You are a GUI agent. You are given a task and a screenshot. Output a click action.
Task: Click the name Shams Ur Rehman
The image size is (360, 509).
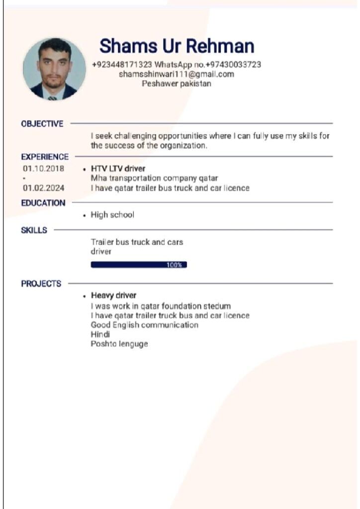coord(177,46)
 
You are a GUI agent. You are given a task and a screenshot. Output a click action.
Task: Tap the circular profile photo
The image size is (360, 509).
coord(54,69)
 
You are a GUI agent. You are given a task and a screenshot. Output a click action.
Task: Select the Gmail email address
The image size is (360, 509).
coord(177,74)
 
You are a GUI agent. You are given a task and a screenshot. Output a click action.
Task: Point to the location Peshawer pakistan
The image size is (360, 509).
coord(177,84)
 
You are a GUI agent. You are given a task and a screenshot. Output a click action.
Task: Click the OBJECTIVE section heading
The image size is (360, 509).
coord(42,124)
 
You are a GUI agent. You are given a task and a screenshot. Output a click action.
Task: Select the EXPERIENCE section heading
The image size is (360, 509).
coord(45,157)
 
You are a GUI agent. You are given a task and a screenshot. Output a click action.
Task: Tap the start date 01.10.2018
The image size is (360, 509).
coord(43,169)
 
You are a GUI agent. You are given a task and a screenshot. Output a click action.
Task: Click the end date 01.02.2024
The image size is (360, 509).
coord(43,188)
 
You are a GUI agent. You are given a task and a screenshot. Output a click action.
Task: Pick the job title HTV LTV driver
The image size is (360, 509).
coord(118,169)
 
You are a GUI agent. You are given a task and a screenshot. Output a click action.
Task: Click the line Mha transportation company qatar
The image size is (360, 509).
coord(154,178)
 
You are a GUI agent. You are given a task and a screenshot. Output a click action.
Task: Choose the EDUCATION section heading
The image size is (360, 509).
coord(43,203)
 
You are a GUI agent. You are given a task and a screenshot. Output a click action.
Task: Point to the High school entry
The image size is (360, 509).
coord(112,215)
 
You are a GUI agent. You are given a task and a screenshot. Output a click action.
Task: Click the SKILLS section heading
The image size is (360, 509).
coord(34,230)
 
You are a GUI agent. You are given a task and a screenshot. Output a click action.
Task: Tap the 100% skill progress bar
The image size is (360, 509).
coord(139,265)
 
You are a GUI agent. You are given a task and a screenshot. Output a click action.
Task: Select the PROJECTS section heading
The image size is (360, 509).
coord(41,284)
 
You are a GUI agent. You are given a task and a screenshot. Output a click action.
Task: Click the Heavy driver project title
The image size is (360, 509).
coord(113,295)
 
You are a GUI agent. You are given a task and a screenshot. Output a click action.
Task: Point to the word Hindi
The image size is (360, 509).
coord(100,335)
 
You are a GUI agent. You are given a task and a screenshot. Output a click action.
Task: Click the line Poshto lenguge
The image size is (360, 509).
coord(119,344)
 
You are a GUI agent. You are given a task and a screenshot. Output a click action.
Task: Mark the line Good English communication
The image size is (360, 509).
coord(144,325)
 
